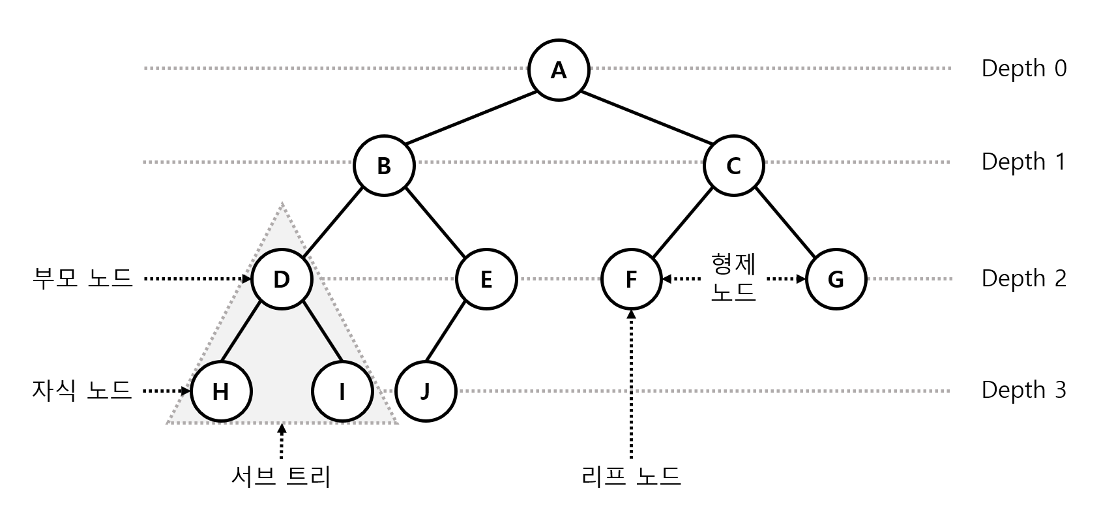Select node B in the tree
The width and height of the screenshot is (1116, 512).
(384, 166)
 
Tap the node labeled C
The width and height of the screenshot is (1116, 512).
(733, 166)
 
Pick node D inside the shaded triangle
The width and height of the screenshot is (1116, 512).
(282, 279)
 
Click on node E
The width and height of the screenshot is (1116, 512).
(486, 279)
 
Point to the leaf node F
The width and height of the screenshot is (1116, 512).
(631, 279)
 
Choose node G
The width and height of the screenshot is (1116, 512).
(836, 279)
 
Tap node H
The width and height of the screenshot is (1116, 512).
(221, 391)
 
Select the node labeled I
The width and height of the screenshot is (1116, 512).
(342, 391)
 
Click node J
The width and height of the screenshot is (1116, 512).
(426, 391)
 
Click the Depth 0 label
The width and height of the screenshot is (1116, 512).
(1023, 68)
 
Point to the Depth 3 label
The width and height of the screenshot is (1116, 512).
(1023, 390)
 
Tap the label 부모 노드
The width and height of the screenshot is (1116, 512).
(82, 279)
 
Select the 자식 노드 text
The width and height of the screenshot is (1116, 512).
(82, 391)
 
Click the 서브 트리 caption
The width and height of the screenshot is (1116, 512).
(281, 477)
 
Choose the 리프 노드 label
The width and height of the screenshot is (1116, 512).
(631, 476)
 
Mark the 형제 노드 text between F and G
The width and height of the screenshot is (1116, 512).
(733, 278)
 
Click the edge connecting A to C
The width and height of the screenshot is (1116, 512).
(646, 117)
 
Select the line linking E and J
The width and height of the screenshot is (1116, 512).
(446, 331)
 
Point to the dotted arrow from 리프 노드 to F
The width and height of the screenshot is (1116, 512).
(631, 385)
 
